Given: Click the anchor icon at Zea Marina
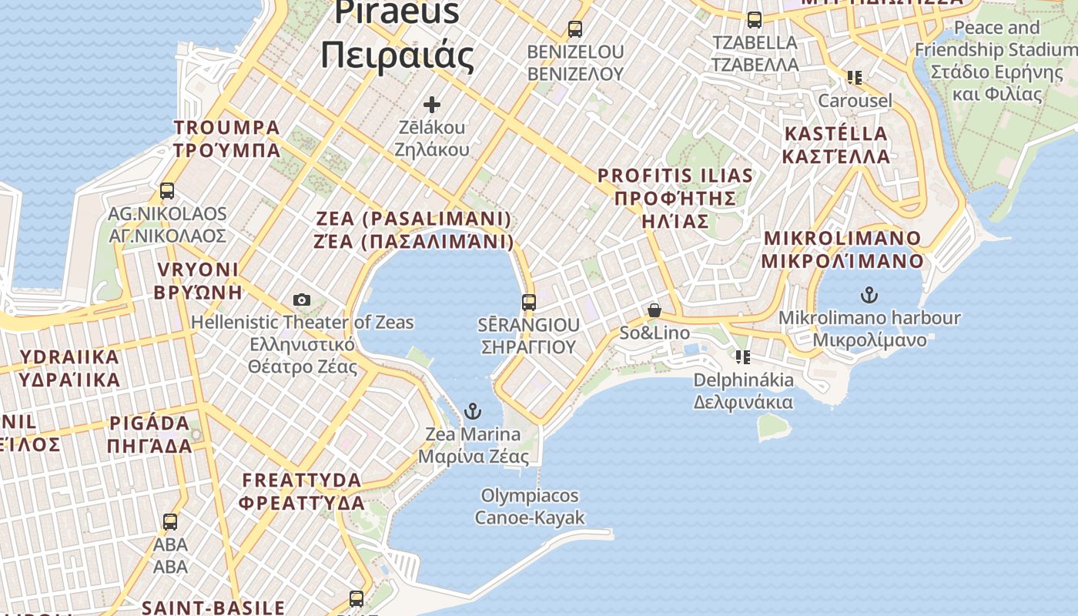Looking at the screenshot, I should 473,410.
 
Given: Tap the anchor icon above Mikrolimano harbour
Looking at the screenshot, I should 869,294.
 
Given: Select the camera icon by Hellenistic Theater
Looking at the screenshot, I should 302,300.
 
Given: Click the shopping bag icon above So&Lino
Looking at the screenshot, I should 654,310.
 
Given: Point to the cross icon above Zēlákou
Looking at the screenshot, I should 432,104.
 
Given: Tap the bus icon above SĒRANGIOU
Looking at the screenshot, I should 528,302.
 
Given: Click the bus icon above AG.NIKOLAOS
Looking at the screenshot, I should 167,190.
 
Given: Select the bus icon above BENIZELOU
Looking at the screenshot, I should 574,29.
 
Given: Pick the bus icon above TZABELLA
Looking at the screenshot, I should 755,20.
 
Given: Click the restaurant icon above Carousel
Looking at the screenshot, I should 854,78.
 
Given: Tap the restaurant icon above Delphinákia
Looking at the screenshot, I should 743,357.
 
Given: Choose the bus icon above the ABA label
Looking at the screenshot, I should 170,521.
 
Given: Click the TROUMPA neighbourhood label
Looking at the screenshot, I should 227,139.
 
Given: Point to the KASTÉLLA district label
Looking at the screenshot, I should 836,145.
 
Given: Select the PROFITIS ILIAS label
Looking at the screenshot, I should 675,199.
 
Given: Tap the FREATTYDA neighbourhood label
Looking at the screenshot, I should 301,491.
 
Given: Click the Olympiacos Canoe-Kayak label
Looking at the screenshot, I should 530,507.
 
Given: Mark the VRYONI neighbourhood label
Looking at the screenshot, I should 198,280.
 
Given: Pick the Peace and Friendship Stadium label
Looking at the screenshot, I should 996,61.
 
